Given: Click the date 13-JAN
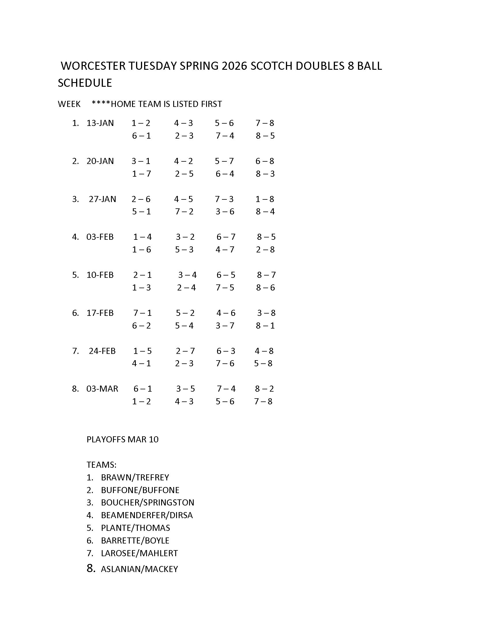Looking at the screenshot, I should (100, 123).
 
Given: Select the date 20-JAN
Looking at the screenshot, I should (100, 161).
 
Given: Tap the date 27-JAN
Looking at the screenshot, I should (102, 199).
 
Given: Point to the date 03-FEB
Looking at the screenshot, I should (100, 237).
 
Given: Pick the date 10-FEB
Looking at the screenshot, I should (100, 275).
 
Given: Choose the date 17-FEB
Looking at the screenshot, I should (100, 313).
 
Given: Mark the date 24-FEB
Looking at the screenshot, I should (102, 351).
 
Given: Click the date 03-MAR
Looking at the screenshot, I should (102, 389).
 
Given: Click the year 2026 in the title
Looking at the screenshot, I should (234, 66).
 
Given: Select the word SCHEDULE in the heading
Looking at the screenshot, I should (85, 83).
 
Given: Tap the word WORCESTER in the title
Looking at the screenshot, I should (93, 66).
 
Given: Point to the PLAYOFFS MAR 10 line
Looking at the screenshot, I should (122, 439).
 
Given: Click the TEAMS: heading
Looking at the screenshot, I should (101, 465).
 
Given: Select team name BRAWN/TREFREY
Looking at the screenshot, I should (135, 478).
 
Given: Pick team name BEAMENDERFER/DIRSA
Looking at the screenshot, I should (147, 515).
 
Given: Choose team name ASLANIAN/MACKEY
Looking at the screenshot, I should (139, 569).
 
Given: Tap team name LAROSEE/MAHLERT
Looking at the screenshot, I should (139, 553).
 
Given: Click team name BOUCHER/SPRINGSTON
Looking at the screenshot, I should (148, 503).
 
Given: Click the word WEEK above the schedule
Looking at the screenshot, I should (69, 104).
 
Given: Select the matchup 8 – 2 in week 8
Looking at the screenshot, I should (264, 389).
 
